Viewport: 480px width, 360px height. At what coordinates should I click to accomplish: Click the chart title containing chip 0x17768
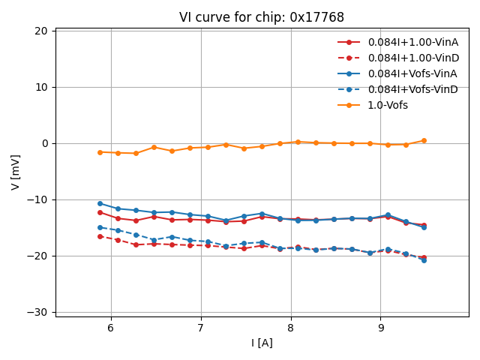262,17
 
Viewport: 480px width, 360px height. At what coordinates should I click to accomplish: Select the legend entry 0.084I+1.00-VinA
412,42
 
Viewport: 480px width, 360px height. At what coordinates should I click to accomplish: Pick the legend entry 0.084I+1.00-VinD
412,58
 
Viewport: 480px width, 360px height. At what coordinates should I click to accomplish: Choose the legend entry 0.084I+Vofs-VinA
412,73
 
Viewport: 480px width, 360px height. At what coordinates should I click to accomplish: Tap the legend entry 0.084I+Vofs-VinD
412,89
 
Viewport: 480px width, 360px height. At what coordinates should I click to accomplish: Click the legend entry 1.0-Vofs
388,105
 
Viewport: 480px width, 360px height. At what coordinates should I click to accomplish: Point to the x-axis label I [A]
262,343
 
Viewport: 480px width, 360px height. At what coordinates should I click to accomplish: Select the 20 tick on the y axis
40,31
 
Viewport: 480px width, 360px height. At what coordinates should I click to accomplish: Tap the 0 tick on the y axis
44,143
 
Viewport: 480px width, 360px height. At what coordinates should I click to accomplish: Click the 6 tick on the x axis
111,328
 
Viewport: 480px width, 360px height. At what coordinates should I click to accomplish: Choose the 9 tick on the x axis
381,328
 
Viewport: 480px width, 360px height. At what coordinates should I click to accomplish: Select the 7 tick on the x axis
201,328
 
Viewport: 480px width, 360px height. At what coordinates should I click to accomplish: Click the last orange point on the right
424,140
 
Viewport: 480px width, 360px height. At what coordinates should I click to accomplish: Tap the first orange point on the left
100,152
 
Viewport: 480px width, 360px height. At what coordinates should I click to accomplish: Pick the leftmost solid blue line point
100,203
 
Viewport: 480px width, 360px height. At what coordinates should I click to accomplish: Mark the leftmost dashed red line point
100,236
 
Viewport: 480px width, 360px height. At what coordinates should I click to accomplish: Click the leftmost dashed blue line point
100,227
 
